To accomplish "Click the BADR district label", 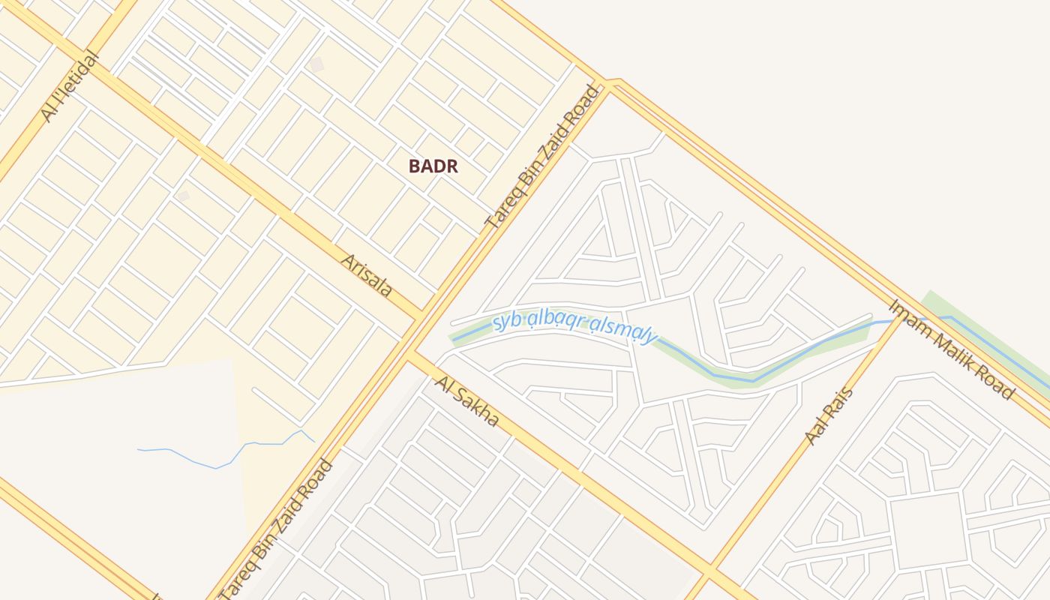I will pos(433,166).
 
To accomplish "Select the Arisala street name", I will pos(367,274).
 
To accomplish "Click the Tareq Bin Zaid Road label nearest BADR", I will pos(544,157).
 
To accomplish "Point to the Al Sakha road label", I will pos(466,402).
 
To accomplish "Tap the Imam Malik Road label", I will pos(951,349).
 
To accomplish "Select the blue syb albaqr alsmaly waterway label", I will pos(574,329).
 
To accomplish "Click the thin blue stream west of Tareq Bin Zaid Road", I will pos(225,460).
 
